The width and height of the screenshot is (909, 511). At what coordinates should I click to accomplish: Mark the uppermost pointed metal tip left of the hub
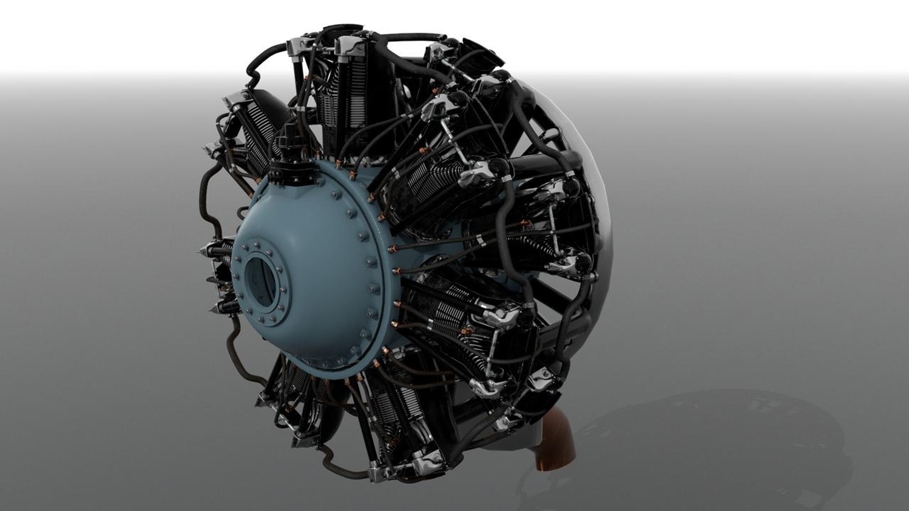pyautogui.click(x=202, y=251)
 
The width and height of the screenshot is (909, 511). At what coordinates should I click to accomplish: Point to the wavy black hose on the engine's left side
pyautogui.click(x=208, y=199)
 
